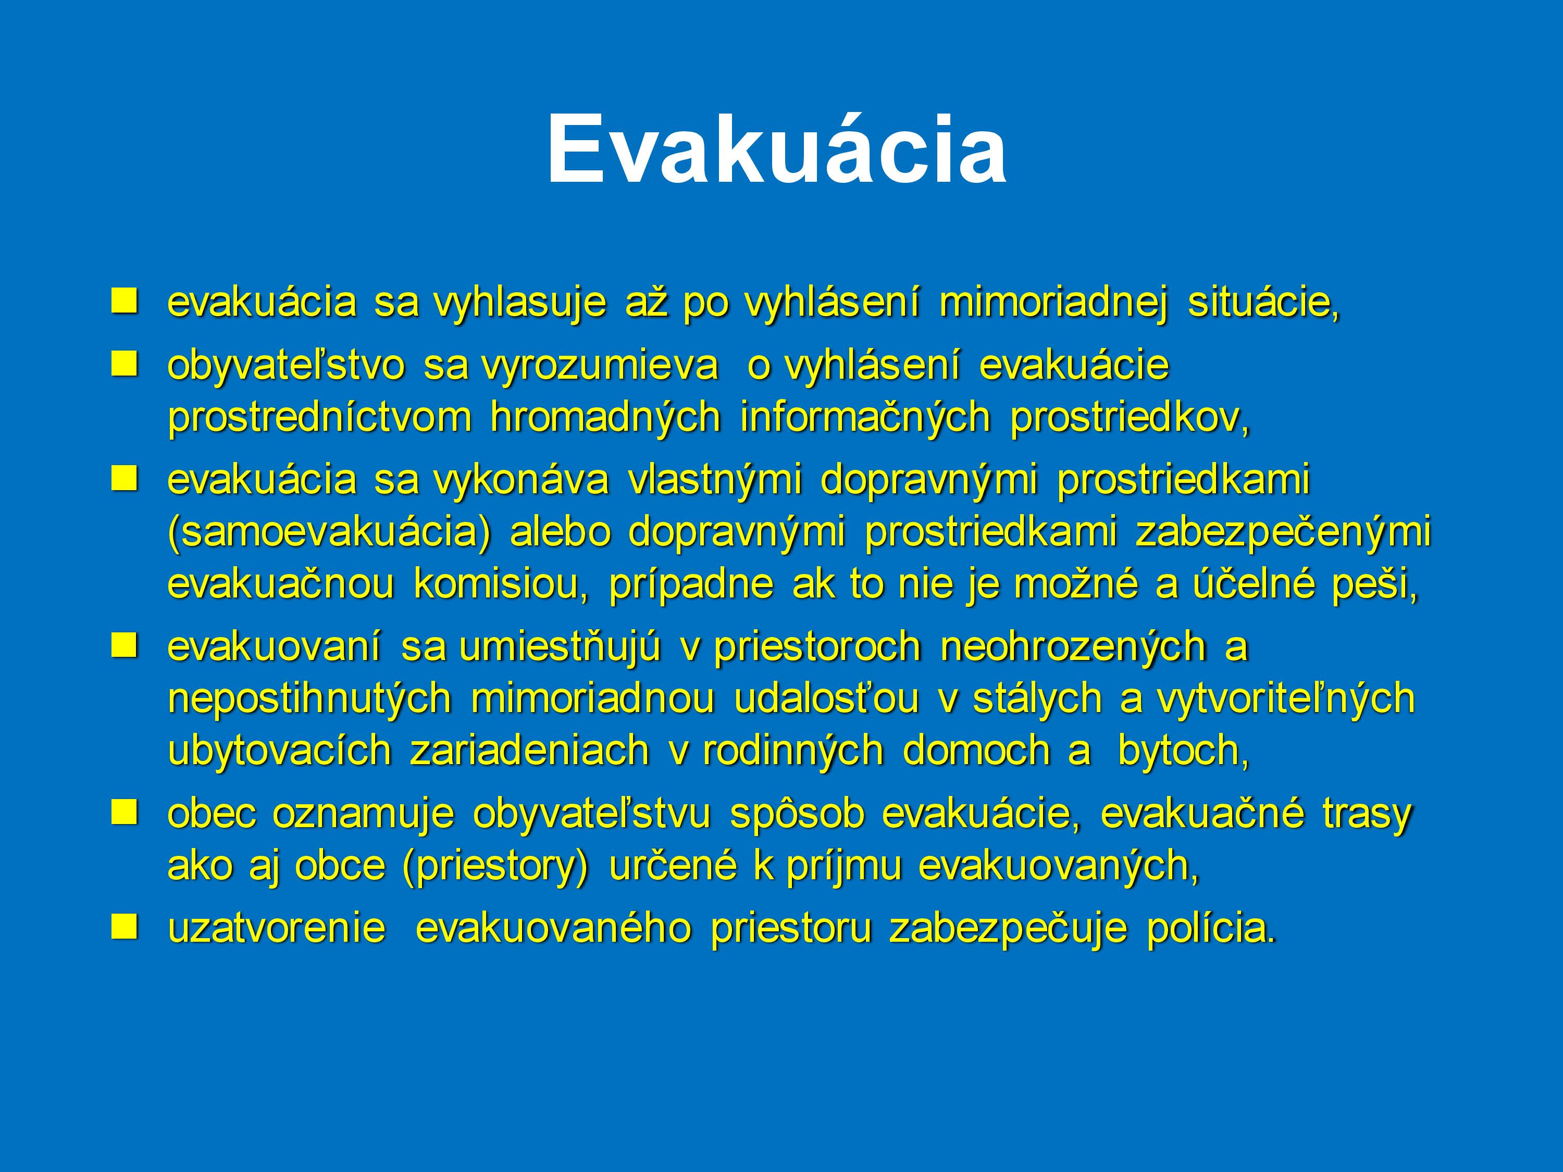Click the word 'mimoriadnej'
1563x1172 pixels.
1053,304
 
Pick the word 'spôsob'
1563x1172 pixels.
797,815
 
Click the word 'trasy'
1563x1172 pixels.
1367,815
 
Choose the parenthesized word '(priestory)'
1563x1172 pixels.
494,867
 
